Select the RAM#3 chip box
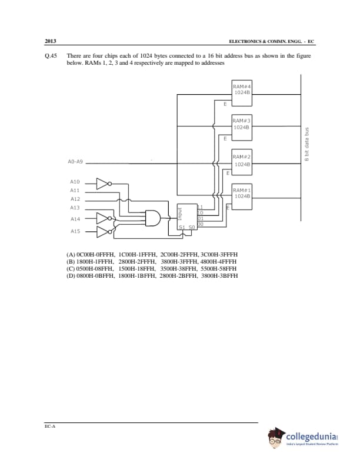click(x=242, y=126)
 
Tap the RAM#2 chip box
click(x=242, y=161)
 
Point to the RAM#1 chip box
click(x=242, y=195)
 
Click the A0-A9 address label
click(x=75, y=161)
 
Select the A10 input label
click(x=75, y=182)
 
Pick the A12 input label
click(x=75, y=199)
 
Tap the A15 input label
click(x=75, y=231)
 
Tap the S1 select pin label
click(x=182, y=227)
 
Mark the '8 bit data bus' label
click(x=306, y=144)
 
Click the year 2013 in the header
click(x=50, y=41)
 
